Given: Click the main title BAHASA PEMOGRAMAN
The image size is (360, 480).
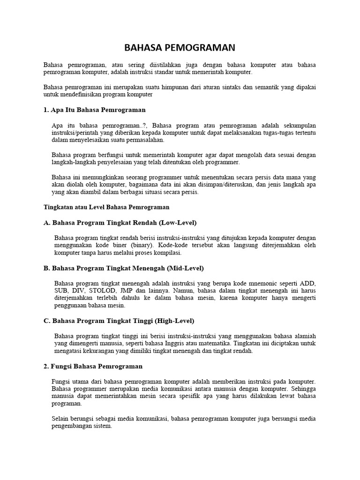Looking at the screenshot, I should pos(180,48).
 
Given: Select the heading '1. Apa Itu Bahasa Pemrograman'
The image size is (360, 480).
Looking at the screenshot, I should pos(94,110).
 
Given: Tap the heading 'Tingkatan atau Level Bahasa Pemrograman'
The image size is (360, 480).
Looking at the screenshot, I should pos(106,207).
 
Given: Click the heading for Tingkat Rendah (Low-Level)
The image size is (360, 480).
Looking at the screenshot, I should pos(120,222).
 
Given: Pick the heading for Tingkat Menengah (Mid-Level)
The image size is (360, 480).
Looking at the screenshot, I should pos(123,268).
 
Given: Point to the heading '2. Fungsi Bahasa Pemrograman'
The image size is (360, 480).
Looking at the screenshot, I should pos(93,366).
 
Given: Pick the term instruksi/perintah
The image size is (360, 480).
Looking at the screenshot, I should pos(74,133).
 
